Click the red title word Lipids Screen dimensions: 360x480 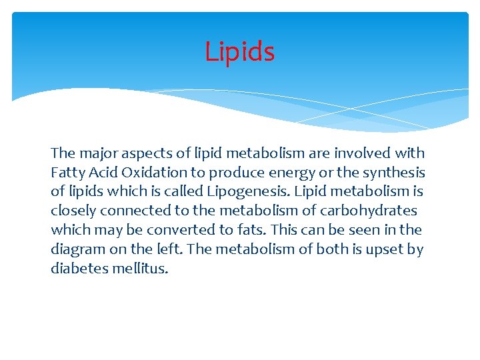pyautogui.click(x=239, y=51)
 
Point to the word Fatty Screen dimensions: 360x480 pyautogui.click(x=68, y=173)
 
